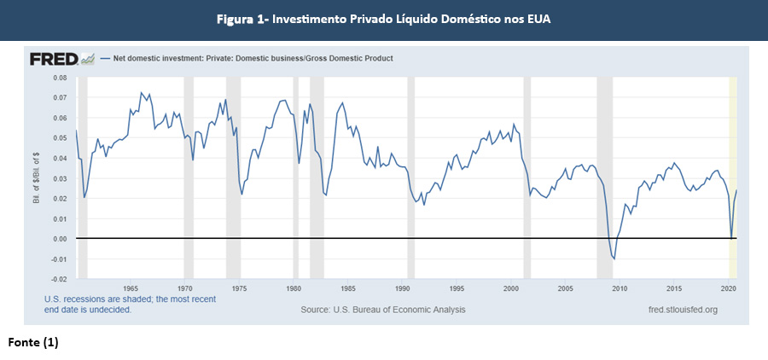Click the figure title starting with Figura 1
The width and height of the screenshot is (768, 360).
[x=383, y=19]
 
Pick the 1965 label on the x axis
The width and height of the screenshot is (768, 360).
[x=131, y=288]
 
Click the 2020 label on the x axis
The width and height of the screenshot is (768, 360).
[x=728, y=288]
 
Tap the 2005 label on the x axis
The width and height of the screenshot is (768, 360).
[x=565, y=288]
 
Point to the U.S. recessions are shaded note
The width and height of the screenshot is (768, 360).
[x=130, y=299]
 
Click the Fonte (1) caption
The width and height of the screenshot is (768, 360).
[x=33, y=342]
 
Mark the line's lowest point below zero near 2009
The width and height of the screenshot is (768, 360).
[x=614, y=258]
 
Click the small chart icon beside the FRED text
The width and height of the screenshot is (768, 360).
[x=87, y=59]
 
